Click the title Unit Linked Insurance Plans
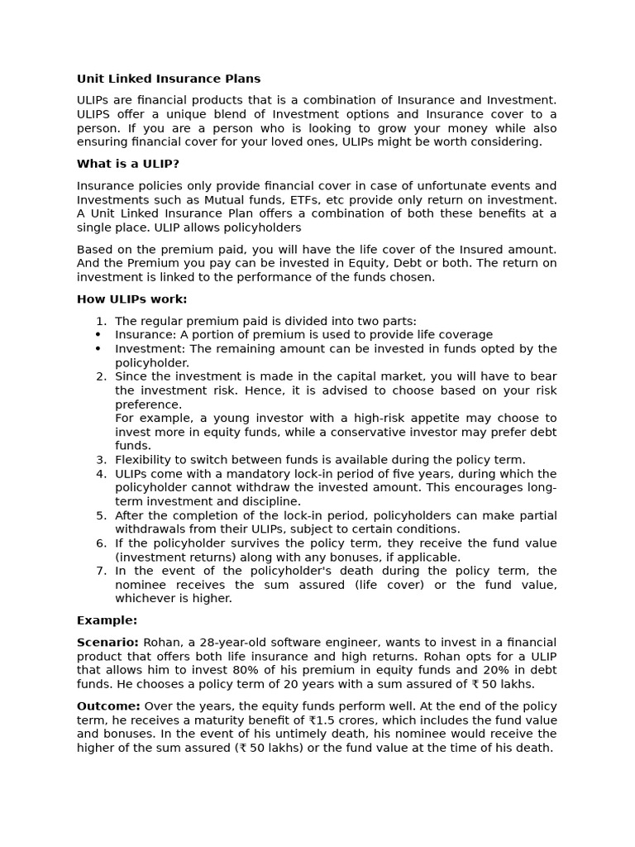click(x=169, y=79)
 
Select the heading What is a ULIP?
click(x=128, y=164)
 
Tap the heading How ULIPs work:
click(x=132, y=299)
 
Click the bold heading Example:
click(x=107, y=620)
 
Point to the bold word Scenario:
click(x=108, y=643)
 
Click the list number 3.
click(x=101, y=460)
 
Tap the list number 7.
click(x=101, y=571)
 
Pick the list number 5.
click(x=101, y=515)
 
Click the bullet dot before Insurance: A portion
click(x=98, y=335)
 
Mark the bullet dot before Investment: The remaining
click(x=98, y=349)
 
